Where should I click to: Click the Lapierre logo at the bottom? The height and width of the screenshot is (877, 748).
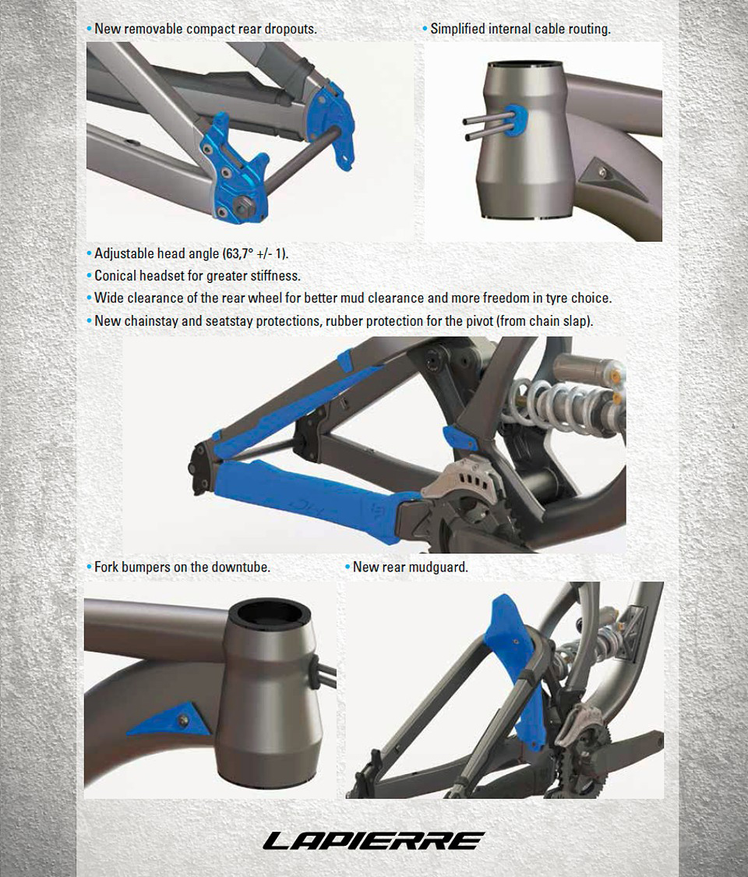click(373, 840)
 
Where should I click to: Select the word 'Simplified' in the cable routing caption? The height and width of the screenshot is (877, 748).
click(458, 29)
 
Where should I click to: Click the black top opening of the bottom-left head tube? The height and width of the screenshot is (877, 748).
click(268, 615)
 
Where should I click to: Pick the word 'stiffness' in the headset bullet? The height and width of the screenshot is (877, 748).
click(273, 276)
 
